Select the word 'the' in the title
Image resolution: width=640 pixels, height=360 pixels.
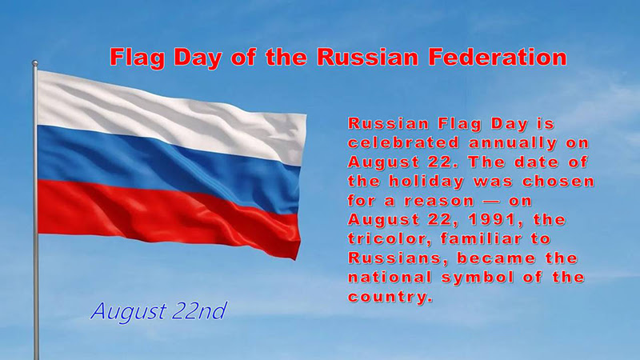(286, 57)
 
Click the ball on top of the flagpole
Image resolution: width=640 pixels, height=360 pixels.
(35, 63)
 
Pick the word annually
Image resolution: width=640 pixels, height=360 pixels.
(513, 144)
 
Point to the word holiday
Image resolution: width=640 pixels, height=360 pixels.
(426, 182)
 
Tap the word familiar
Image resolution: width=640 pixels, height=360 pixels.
(482, 238)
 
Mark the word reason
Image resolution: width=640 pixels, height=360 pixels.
(439, 202)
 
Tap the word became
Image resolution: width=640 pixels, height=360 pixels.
(496, 258)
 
